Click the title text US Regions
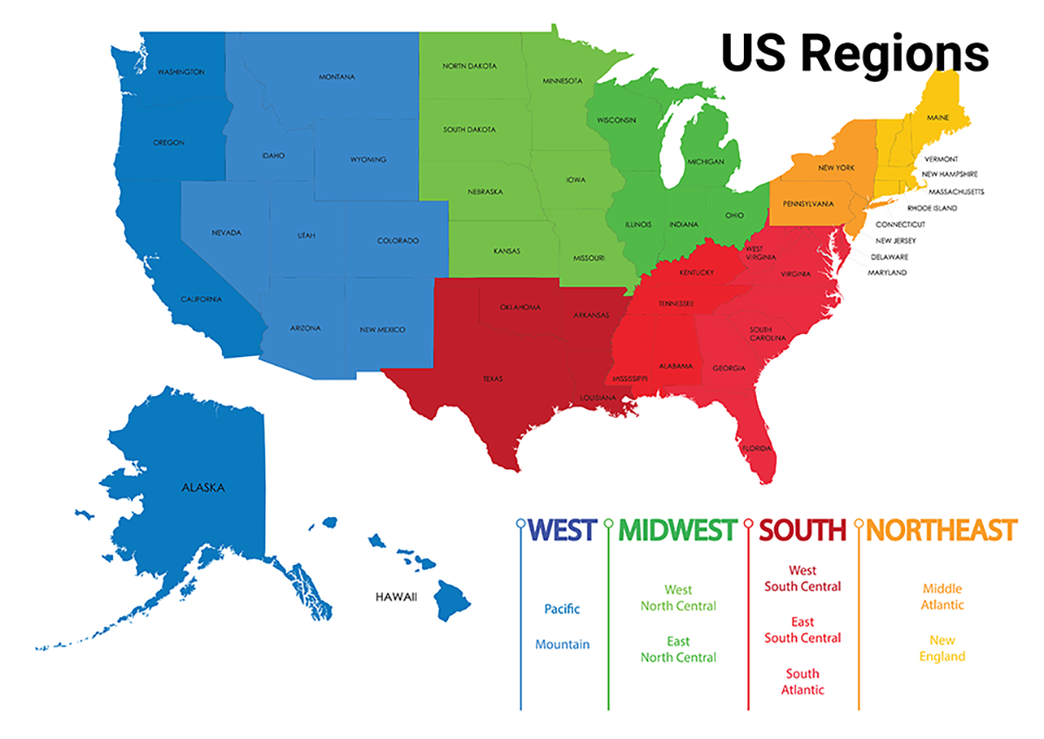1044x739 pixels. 854,52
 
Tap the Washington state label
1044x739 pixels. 180,71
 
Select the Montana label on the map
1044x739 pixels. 336,77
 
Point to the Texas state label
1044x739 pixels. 492,380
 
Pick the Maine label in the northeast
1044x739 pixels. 938,117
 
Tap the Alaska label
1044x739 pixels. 202,487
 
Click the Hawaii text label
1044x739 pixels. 396,597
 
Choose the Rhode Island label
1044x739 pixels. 932,208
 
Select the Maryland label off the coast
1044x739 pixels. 887,272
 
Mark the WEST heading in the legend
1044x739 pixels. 563,529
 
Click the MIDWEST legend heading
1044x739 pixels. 678,529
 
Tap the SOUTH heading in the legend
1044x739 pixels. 802,529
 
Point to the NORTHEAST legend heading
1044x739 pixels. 941,529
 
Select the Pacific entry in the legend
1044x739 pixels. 562,609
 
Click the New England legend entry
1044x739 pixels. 942,648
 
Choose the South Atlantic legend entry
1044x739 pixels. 802,682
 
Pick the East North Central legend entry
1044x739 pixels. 679,649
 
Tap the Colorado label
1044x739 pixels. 398,240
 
